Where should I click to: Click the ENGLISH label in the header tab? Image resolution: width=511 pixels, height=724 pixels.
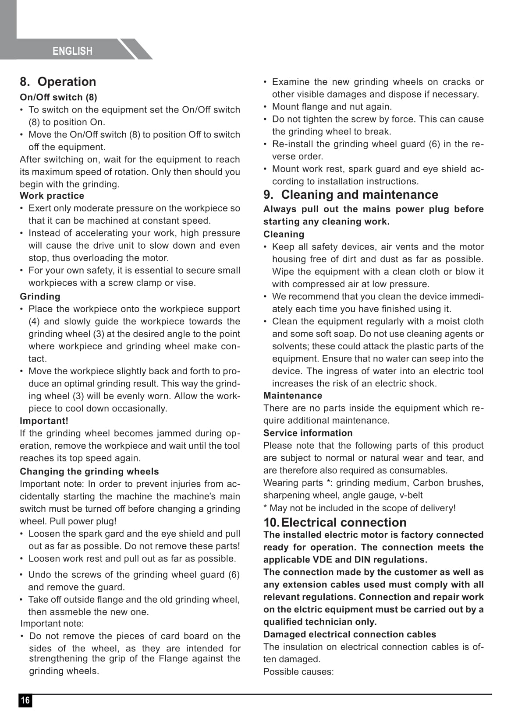(72, 51)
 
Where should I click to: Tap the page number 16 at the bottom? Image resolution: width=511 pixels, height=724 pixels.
(25, 700)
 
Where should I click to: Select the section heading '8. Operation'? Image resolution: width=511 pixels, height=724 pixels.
(58, 82)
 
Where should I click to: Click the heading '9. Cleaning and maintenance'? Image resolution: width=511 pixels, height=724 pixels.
(351, 195)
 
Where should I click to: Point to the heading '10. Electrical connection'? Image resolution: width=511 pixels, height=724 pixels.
(335, 522)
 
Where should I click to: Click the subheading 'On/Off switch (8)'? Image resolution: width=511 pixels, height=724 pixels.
(58, 97)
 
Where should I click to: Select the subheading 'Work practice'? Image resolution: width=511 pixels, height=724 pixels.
(52, 196)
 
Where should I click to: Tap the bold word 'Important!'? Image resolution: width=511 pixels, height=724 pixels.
(44, 421)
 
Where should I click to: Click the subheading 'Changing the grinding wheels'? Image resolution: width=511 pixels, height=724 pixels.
(89, 471)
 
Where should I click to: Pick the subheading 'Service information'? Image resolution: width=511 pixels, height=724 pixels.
(308, 433)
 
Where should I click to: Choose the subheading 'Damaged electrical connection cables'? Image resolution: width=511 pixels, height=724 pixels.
(349, 634)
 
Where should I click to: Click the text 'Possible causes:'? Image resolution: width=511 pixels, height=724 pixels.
(298, 671)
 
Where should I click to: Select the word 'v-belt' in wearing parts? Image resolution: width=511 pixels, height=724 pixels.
(410, 495)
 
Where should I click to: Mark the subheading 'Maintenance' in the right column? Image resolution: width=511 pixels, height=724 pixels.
(292, 395)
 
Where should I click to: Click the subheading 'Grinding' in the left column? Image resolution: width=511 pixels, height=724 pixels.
(40, 296)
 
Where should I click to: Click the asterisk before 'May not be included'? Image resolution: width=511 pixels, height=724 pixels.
(265, 507)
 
